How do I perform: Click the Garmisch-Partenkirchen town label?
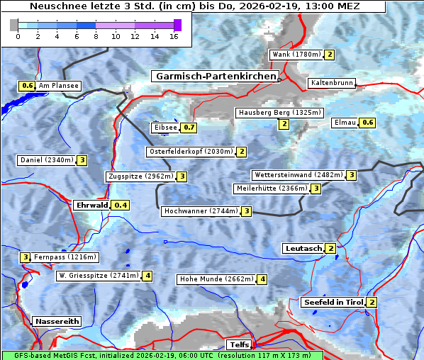tap(214, 77)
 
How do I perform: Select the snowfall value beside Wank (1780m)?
tap(329, 55)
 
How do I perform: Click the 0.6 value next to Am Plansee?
tap(27, 86)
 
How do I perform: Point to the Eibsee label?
tap(164, 128)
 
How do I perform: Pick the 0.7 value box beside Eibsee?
tap(188, 128)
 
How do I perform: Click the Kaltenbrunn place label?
tap(331, 83)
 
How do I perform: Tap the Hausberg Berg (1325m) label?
tap(279, 113)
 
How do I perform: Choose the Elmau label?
tap(345, 123)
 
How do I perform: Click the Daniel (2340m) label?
tap(46, 160)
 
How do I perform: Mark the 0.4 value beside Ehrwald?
tap(121, 206)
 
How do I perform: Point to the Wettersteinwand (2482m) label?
tap(298, 175)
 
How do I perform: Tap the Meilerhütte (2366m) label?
tap(272, 189)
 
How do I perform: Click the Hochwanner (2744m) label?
tap(200, 211)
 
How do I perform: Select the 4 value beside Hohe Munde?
tap(262, 279)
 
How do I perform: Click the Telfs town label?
tap(238, 345)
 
